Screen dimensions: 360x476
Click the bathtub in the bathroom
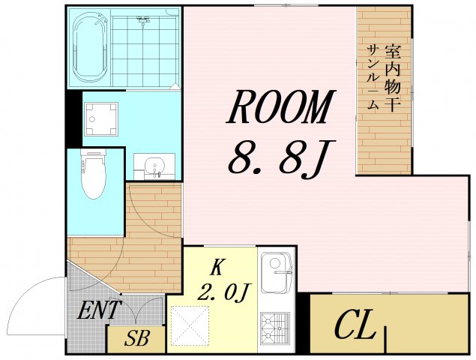tap(90, 48)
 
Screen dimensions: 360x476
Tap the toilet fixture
tap(94, 175)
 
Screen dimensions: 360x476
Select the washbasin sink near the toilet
tap(154, 166)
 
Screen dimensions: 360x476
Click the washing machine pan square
tap(100, 118)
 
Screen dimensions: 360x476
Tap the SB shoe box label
tap(136, 338)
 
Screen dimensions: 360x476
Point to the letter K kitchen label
tap(217, 266)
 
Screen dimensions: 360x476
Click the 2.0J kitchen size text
tap(223, 291)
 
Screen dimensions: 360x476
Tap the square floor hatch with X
tap(188, 326)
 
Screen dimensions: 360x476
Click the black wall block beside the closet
tap(303, 322)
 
